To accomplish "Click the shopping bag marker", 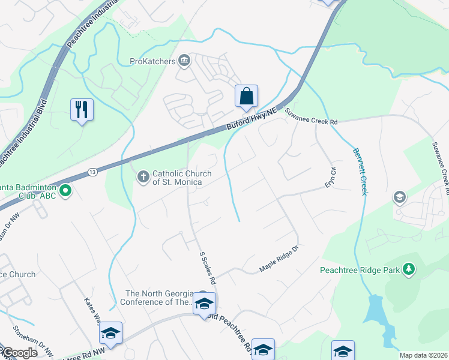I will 246,97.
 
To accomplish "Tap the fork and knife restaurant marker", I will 82,110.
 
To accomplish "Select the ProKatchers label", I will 152,61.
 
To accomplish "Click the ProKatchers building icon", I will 184,60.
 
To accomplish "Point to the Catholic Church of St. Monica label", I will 181,178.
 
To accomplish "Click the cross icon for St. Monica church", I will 143,176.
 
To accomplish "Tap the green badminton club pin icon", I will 67,192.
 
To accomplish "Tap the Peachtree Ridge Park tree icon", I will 409,269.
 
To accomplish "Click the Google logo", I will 19,353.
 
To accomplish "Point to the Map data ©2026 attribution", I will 423,355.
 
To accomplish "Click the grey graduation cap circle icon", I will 399,197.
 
